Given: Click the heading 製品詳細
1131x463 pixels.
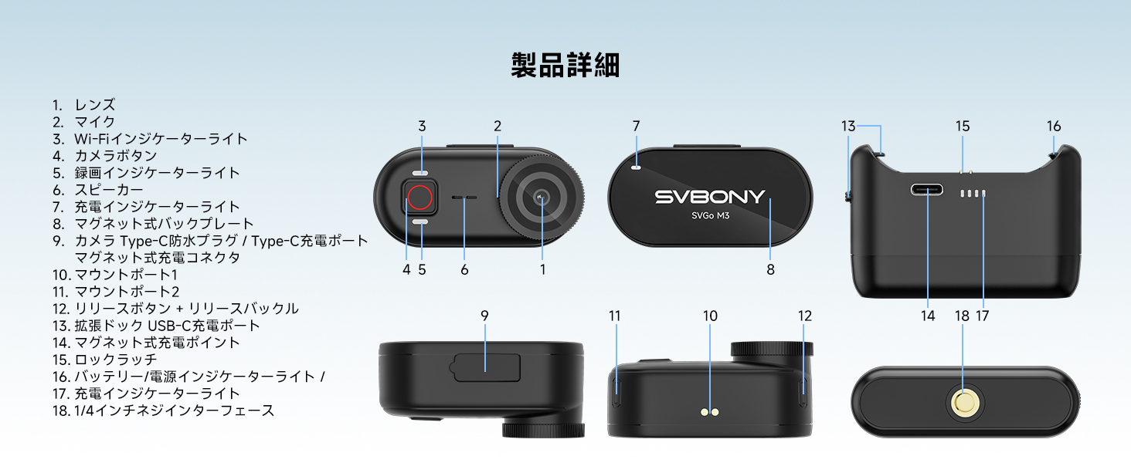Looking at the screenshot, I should (x=565, y=65).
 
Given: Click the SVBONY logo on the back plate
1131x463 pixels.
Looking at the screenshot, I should (x=709, y=197).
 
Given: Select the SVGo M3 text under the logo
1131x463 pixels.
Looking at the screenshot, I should (x=710, y=216).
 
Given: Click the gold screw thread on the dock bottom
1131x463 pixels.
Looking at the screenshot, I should (x=963, y=401).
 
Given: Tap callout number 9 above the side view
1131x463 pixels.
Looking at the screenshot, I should (x=484, y=316).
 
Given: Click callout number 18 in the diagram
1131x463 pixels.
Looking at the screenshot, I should (x=962, y=316).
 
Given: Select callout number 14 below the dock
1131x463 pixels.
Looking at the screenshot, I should (x=928, y=316).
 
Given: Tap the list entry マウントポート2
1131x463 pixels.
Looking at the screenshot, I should (x=127, y=292).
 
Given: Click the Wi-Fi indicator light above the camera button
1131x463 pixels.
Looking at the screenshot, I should (x=421, y=174).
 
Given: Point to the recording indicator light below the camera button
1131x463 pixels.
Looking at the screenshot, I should (x=421, y=222).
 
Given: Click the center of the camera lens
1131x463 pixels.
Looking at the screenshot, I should (x=542, y=198).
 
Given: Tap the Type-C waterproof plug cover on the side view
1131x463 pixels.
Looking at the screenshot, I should (x=486, y=367).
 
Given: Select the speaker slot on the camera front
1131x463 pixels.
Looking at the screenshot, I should (x=464, y=198).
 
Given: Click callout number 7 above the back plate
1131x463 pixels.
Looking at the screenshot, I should (x=636, y=126).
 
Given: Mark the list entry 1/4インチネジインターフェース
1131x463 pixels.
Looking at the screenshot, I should (x=174, y=411).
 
